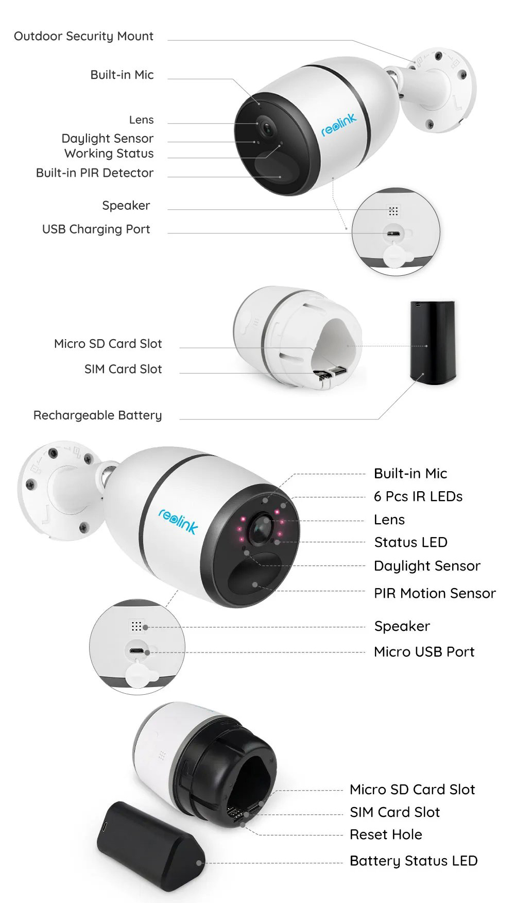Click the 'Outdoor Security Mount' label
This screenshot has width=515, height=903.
[83, 36]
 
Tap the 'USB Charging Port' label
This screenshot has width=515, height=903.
[96, 229]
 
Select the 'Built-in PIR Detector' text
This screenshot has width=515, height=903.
[95, 173]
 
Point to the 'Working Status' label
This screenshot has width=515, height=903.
[109, 154]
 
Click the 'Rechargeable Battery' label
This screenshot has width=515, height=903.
[98, 415]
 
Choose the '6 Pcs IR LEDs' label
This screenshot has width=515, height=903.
[418, 496]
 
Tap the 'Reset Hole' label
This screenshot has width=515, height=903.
[386, 834]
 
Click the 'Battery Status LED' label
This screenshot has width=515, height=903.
[414, 861]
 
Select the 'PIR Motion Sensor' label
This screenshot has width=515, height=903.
[435, 593]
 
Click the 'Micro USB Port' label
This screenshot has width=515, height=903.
[424, 651]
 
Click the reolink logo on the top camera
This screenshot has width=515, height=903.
[338, 125]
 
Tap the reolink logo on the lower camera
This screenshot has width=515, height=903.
[178, 521]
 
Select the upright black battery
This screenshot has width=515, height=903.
[433, 342]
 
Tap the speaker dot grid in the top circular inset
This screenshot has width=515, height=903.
[393, 211]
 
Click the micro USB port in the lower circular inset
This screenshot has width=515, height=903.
[136, 651]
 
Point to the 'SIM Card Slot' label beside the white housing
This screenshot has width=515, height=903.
[123, 369]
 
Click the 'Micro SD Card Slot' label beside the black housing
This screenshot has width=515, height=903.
[412, 790]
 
